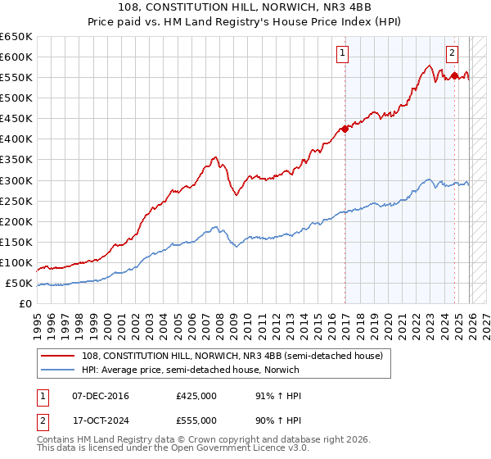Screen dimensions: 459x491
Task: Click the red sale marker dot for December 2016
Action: click(345, 128)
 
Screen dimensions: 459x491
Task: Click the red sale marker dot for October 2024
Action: click(455, 75)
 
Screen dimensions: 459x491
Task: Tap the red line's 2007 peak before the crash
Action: click(214, 157)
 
